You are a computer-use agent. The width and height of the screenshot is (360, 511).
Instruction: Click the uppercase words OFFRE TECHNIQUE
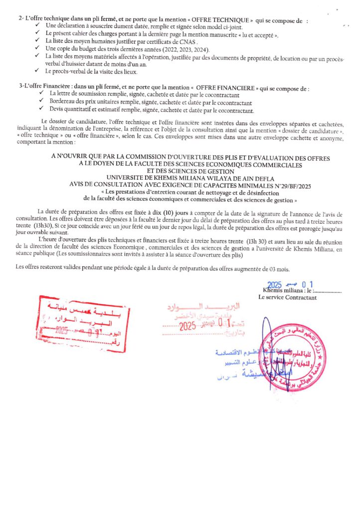coord(225,20)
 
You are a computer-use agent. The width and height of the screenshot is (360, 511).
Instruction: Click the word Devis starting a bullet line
coord(59,110)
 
